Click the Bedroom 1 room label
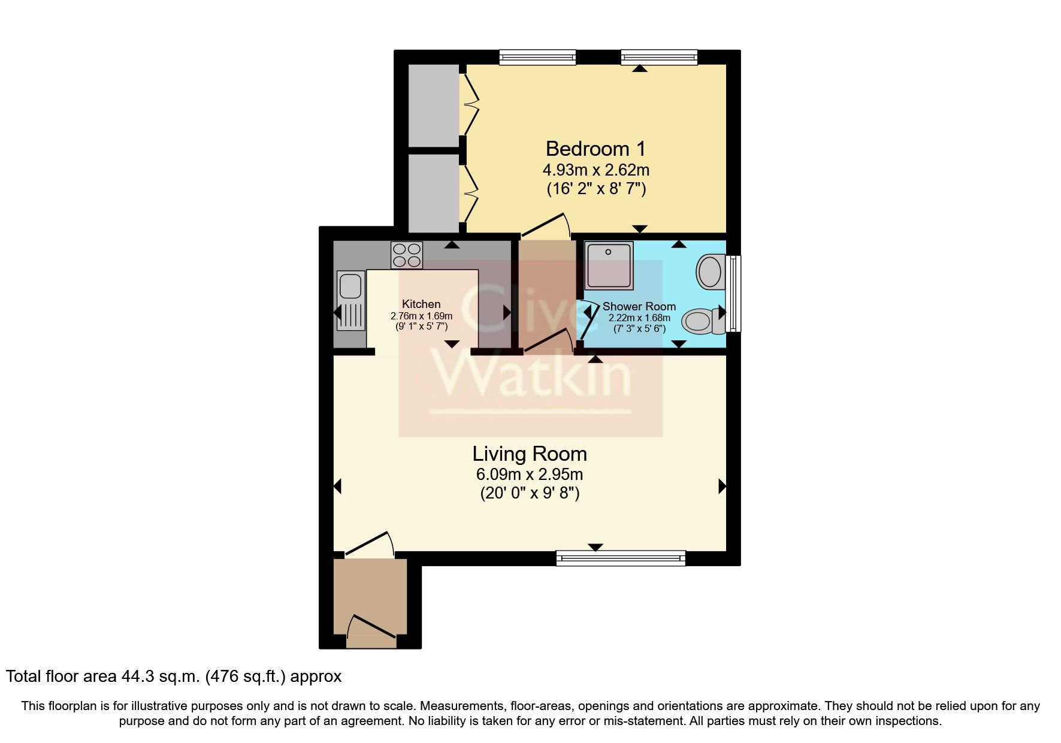596,148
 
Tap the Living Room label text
529,454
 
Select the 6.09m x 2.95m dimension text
529,475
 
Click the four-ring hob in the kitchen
407,255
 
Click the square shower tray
609,265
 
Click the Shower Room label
639,307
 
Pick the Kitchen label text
421,304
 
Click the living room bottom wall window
621,558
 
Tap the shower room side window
733,294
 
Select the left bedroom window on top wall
537,58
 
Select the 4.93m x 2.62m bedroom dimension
596,170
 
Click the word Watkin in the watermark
533,375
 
